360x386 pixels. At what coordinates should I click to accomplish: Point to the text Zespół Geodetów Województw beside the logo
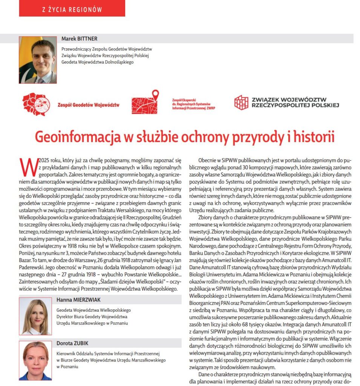tap(88, 105)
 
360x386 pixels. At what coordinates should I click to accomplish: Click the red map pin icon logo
tap(145, 102)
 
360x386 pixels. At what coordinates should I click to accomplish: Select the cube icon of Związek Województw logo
tap(241, 102)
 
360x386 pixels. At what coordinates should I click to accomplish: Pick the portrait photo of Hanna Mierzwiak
tap(35, 316)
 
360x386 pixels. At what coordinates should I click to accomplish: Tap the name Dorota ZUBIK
tap(73, 343)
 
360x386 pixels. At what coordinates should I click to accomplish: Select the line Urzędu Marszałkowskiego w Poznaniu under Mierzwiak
tap(92, 323)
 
